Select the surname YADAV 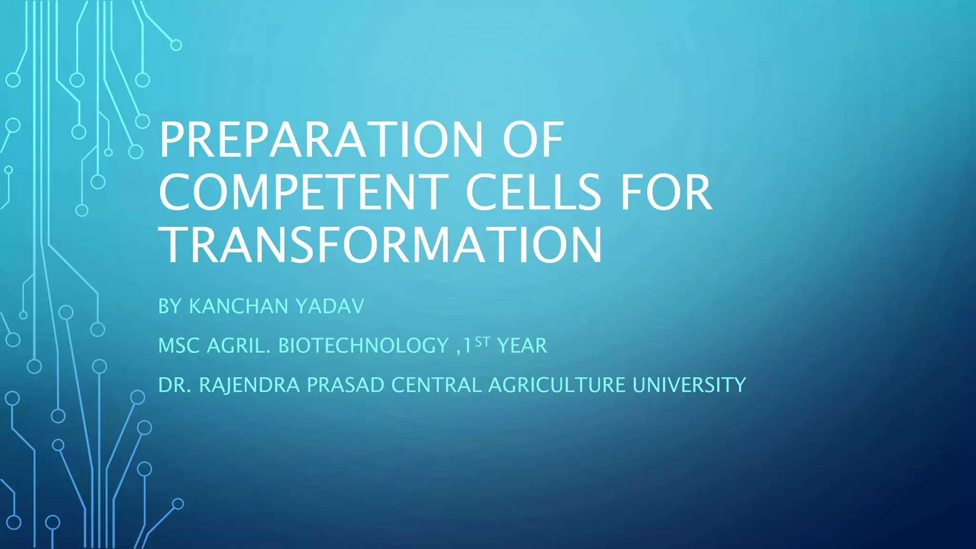pos(330,306)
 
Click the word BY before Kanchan pos(170,306)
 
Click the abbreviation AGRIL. pos(239,346)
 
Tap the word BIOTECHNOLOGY pos(363,346)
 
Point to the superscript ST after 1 pos(482,341)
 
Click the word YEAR pos(522,346)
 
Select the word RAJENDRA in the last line pos(249,385)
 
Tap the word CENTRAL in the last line pos(436,385)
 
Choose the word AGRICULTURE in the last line pos(557,385)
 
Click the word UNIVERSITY pos(689,385)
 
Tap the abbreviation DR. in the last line pos(175,385)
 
